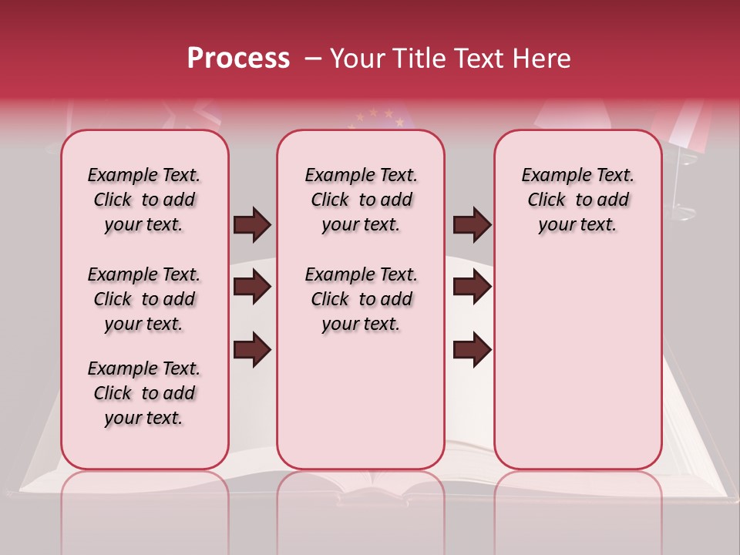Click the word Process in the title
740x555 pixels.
tap(238, 59)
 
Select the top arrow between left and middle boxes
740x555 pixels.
tap(252, 224)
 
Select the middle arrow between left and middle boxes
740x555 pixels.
tap(252, 287)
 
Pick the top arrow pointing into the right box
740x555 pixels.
tap(472, 224)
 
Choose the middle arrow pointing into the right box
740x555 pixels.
tap(472, 287)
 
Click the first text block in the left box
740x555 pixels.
tap(144, 200)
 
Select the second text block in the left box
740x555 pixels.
tap(144, 299)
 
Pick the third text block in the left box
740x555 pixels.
tap(144, 393)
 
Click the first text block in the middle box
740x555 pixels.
tap(361, 200)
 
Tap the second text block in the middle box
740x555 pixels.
tap(361, 299)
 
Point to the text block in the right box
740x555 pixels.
tap(577, 200)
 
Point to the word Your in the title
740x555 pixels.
tap(355, 59)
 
